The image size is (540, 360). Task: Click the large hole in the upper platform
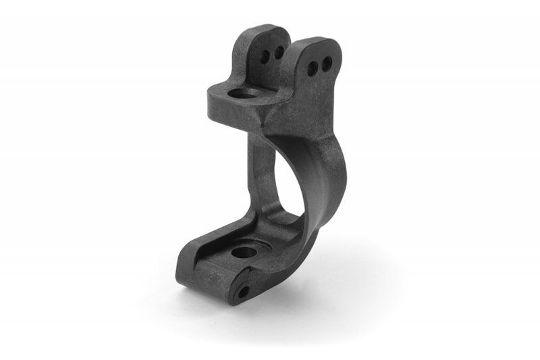[x=240, y=93]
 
